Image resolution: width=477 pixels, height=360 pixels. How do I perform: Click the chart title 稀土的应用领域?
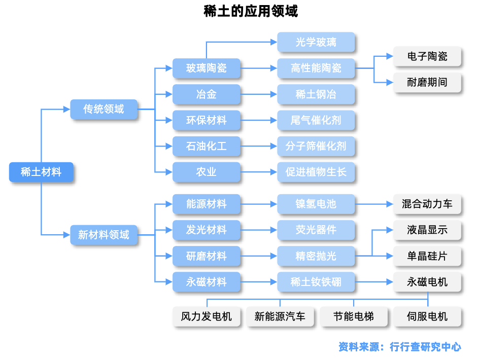tap(250, 11)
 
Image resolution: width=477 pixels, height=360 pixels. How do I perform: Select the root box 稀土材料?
tap(42, 172)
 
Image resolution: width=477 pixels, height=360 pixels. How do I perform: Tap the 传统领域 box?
tap(104, 109)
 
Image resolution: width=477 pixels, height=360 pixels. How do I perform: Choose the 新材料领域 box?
tap(104, 235)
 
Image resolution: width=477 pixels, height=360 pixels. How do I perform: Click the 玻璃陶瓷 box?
tap(206, 68)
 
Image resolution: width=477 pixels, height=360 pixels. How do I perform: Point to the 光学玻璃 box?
tap(316, 42)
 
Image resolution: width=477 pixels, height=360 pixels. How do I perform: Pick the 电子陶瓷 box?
tap(427, 56)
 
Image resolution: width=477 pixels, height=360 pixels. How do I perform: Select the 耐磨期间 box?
tap(427, 82)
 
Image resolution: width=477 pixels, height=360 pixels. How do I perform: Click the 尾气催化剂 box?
tap(316, 120)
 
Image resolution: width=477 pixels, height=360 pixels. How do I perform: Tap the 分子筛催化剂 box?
tap(316, 146)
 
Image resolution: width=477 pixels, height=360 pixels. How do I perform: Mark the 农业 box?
tap(206, 172)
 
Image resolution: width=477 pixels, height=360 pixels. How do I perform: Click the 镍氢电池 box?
tap(316, 204)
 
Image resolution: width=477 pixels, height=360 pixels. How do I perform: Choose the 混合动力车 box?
tap(427, 204)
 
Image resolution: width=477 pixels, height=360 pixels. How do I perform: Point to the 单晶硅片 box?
tap(427, 256)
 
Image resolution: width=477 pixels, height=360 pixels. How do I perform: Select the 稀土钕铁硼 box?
tap(316, 282)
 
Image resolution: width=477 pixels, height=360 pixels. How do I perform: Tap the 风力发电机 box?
tap(206, 316)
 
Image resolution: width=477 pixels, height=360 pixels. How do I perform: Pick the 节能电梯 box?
tap(354, 316)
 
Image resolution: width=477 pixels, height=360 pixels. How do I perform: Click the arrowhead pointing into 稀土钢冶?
tap(274, 94)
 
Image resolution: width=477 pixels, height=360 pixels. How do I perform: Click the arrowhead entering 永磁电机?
tap(390, 282)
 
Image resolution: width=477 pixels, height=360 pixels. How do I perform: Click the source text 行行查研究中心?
tap(425, 347)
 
